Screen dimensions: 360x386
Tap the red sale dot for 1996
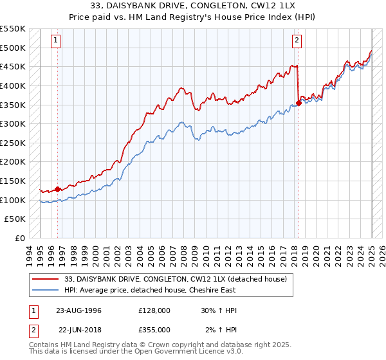pyautogui.click(x=58, y=189)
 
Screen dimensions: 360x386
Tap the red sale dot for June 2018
pyautogui.click(x=299, y=102)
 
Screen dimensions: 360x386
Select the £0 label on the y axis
pyautogui.click(x=21, y=238)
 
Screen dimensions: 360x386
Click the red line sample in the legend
pyautogui.click(x=46, y=278)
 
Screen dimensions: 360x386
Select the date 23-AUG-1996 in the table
pyautogui.click(x=78, y=310)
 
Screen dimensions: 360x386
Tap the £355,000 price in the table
pyautogui.click(x=154, y=329)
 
